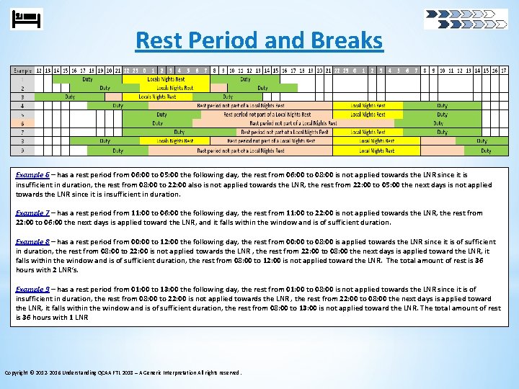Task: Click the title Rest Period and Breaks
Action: coord(259,40)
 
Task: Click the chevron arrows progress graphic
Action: coord(466,18)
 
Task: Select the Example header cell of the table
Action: coord(22,70)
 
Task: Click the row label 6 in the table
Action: coord(22,123)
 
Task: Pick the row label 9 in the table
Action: coord(22,151)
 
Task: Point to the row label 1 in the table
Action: coord(22,79)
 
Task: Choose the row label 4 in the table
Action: coord(22,105)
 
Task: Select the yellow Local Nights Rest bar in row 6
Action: coord(368,123)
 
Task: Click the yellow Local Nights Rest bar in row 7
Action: coord(368,133)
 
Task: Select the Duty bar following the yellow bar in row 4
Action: coord(442,105)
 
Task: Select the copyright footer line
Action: coord(123,372)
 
